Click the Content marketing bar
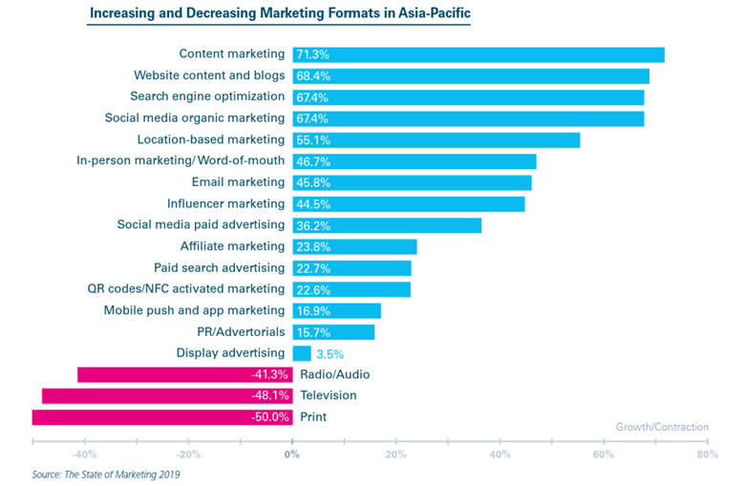click(x=479, y=54)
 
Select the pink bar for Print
click(x=162, y=417)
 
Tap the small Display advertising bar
click(x=302, y=353)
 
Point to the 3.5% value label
click(x=330, y=354)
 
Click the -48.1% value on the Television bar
click(x=270, y=395)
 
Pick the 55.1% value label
click(x=313, y=140)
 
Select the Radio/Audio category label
click(x=335, y=374)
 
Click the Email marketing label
click(x=238, y=182)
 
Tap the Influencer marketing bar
click(x=409, y=204)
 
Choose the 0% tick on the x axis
click(x=291, y=454)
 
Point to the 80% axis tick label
click(x=708, y=454)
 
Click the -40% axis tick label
click(x=84, y=454)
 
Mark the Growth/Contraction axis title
click(x=662, y=427)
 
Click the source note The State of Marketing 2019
click(x=122, y=475)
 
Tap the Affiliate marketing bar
click(x=355, y=247)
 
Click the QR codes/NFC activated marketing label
click(x=186, y=289)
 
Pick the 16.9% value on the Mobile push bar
click(x=313, y=311)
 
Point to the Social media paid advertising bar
click(x=387, y=225)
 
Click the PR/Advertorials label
click(x=241, y=331)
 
